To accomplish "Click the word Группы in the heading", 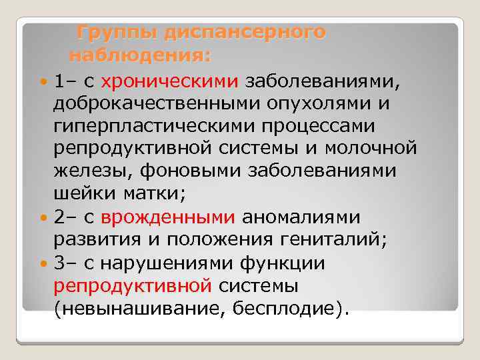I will (116, 32).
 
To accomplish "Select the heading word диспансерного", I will (245, 32).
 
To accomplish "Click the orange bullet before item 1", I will (45, 83).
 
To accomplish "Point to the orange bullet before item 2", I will (45, 218).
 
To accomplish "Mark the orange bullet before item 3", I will (45, 263).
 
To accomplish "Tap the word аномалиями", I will (301, 217).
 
